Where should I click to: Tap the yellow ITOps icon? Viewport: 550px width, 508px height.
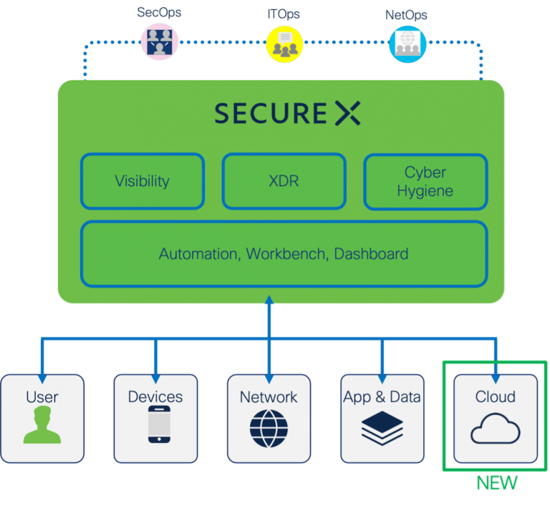point(284,44)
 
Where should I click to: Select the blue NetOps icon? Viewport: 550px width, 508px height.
point(407,44)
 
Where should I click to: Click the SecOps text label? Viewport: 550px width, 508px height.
point(159,12)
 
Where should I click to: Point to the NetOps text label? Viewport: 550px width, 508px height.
point(406,14)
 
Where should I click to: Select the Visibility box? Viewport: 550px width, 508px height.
point(142,181)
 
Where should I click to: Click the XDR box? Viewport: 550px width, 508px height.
point(284,181)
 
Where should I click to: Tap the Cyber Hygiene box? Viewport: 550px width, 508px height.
point(425,182)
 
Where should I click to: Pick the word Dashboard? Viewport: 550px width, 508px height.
point(371,254)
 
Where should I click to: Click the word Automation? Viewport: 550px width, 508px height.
point(198,255)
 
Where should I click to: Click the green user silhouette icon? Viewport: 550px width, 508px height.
point(42,426)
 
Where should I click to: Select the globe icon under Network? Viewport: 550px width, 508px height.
point(269,428)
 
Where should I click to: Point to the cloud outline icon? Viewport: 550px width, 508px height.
point(495,429)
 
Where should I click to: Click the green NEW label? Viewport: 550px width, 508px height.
point(497,483)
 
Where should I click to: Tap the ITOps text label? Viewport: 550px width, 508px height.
point(284,14)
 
